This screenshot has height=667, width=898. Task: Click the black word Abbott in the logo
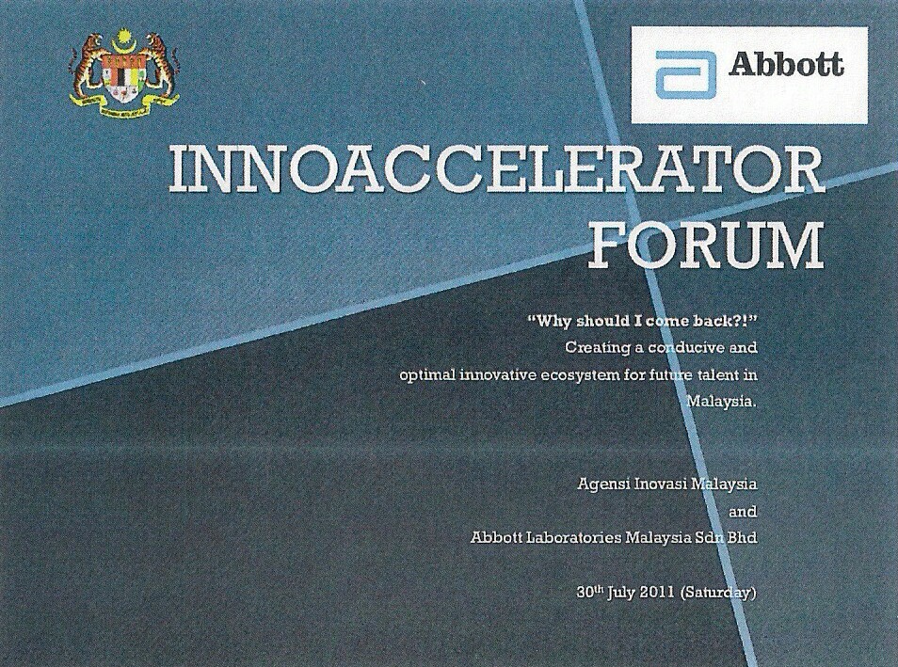pyautogui.click(x=786, y=65)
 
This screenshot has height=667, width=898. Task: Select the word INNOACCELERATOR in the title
pyautogui.click(x=496, y=171)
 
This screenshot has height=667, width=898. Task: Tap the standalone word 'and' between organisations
pyautogui.click(x=743, y=511)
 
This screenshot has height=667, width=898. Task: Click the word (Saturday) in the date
pyautogui.click(x=718, y=593)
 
